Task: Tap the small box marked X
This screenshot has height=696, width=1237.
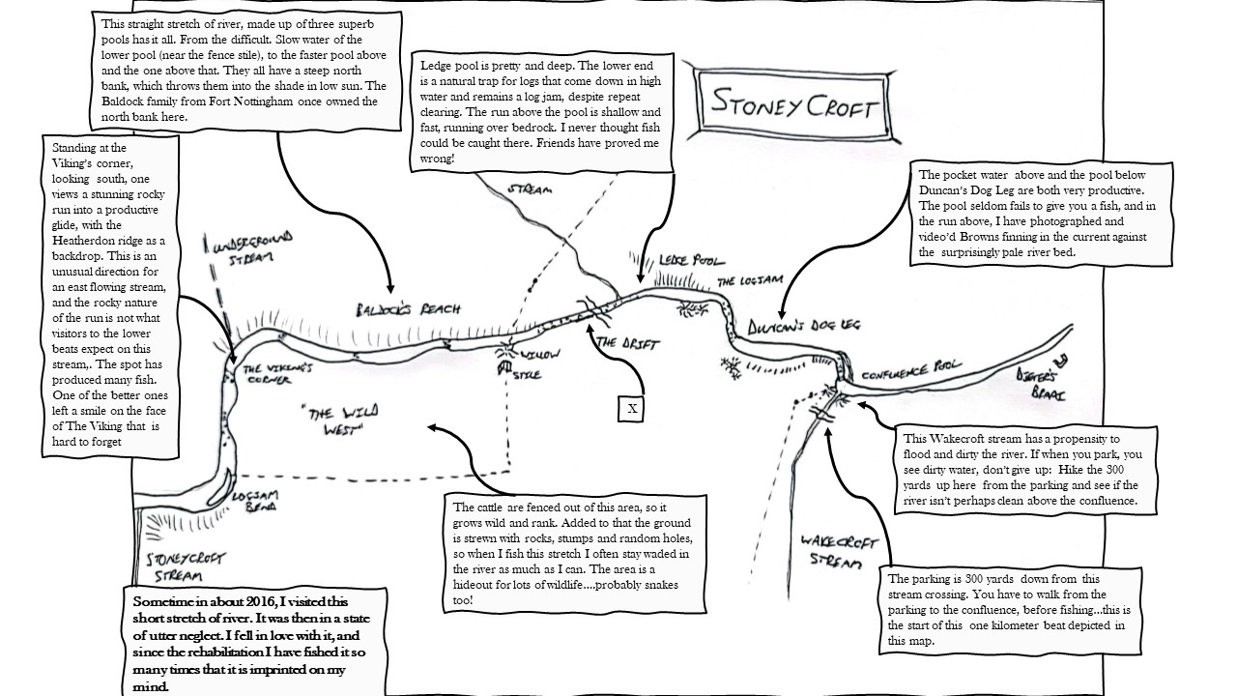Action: [632, 408]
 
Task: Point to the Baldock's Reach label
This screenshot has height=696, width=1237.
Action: [406, 309]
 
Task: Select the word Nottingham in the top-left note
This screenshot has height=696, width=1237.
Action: [293, 101]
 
